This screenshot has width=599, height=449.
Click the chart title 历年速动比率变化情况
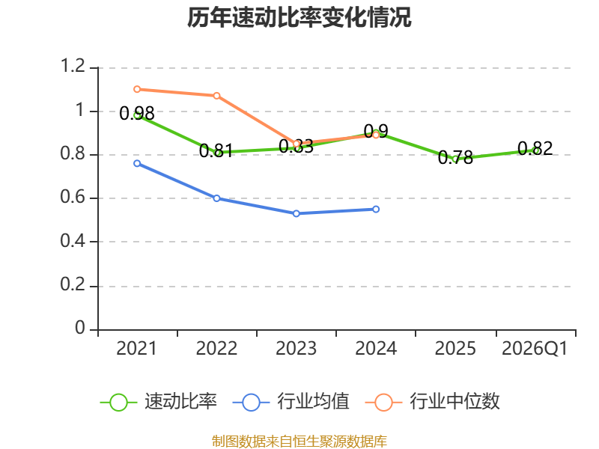click(299, 17)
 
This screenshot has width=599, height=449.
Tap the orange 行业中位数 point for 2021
click(137, 89)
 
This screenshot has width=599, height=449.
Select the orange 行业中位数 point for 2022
click(216, 96)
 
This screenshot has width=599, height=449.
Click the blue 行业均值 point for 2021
click(137, 163)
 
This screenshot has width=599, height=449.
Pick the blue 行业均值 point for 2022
click(216, 198)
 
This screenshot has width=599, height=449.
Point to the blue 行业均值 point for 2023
click(297, 213)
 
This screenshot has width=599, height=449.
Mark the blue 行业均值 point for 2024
click(376, 210)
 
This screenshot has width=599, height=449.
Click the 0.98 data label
click(137, 114)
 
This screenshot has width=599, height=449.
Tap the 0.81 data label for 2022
click(216, 151)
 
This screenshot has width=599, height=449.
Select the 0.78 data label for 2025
click(455, 157)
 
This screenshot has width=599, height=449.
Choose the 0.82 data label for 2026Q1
click(535, 148)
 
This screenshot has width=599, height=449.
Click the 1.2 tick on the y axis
click(73, 66)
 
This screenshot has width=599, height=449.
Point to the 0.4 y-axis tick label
click(73, 241)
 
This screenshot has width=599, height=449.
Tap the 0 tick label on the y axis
click(80, 328)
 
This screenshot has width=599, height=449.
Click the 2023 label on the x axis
click(297, 349)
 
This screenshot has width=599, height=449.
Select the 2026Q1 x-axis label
click(535, 349)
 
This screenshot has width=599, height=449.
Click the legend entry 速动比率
click(159, 402)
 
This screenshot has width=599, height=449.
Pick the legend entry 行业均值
click(291, 402)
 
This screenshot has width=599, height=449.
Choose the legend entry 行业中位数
click(433, 402)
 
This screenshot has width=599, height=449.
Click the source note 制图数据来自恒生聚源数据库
click(299, 441)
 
